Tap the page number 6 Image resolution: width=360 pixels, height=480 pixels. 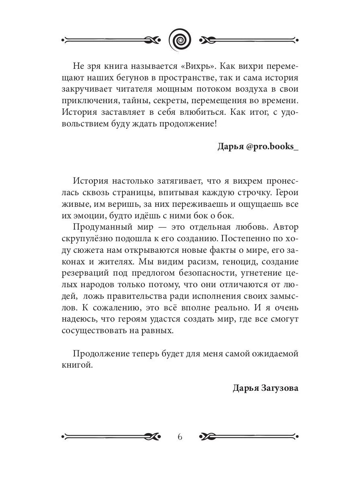[180, 436]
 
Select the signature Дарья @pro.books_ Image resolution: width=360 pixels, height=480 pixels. [258, 146]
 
